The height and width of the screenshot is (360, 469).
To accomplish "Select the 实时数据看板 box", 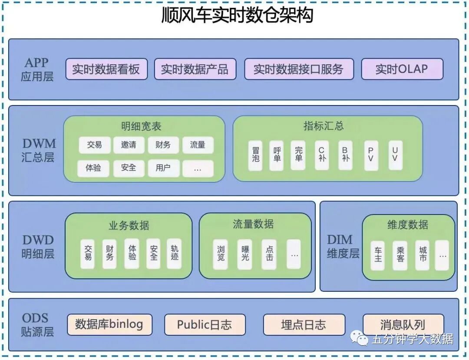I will click(106, 69).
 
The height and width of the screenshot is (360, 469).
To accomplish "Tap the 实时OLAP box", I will click(402, 69).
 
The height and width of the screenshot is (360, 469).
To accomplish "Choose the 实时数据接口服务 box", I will click(299, 69).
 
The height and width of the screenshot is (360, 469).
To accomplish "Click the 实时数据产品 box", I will click(195, 69).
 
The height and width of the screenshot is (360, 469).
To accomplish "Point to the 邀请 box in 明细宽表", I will click(129, 145).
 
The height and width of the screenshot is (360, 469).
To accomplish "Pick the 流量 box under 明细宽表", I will click(198, 145).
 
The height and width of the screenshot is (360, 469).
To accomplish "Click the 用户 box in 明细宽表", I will click(163, 168).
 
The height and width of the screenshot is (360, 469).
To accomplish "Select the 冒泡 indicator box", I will click(256, 155).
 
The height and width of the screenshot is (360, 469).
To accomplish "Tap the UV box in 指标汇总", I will click(395, 155).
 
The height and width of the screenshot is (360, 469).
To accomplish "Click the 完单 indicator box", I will click(298, 155).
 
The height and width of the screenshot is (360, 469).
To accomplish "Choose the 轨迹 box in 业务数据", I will click(174, 253).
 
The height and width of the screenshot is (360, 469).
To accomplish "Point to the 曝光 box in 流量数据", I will click(245, 254).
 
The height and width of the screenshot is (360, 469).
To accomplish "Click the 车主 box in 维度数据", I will click(377, 255).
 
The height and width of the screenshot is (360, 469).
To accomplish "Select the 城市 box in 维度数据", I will click(422, 255).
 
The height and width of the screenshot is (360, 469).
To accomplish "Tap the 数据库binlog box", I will click(109, 324).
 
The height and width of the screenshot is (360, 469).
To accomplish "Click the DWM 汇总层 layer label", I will click(38, 150).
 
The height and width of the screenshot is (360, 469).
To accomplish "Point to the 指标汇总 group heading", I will click(324, 126).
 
